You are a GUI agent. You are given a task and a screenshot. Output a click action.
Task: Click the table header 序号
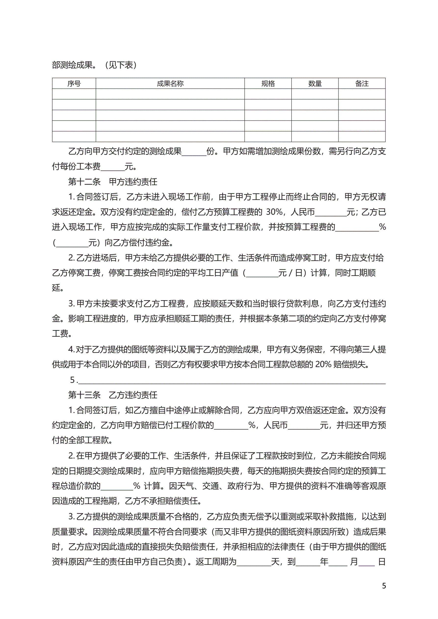point(74,84)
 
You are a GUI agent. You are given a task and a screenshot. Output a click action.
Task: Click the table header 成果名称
point(170,84)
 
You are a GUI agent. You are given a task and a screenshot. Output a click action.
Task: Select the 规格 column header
point(268,84)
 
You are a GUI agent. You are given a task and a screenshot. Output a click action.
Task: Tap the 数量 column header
point(315,84)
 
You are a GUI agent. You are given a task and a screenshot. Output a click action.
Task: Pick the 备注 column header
point(362,84)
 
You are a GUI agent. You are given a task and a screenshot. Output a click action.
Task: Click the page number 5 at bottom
point(384,586)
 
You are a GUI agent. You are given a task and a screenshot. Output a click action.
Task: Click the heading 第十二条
point(84,182)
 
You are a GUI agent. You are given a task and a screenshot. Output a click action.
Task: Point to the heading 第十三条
point(84,395)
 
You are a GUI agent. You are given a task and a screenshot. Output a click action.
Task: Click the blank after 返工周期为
point(254,562)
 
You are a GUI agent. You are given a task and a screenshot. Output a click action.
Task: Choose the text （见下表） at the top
point(120,65)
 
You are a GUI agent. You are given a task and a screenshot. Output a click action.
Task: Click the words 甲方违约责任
point(133,182)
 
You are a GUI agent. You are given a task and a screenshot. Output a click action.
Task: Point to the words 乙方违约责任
point(133,395)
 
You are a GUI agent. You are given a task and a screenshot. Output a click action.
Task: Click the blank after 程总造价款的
point(117,486)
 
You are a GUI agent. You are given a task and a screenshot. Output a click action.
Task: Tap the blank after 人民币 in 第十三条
point(304,425)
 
